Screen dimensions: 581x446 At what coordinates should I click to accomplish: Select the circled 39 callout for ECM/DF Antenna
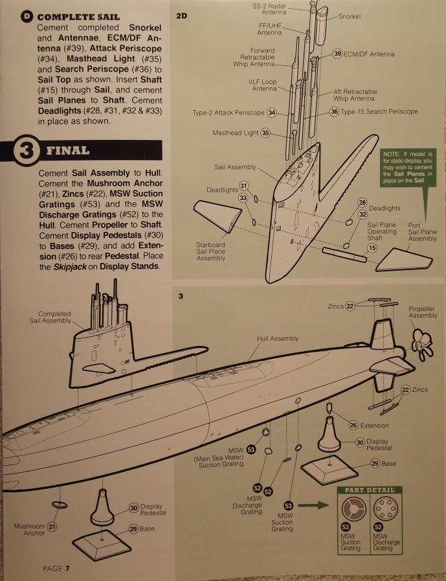(x=337, y=54)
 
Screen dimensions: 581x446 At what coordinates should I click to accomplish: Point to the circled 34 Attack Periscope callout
(x=271, y=113)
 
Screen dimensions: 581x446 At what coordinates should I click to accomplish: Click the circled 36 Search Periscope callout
(x=334, y=112)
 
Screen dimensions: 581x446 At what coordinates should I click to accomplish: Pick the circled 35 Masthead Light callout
(x=265, y=133)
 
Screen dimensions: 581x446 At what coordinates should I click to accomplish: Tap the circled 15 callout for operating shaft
(x=372, y=247)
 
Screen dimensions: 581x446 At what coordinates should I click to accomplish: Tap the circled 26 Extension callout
(x=353, y=425)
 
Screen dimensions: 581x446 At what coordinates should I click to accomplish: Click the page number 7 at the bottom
(x=67, y=568)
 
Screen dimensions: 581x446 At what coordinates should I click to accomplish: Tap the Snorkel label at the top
(x=350, y=16)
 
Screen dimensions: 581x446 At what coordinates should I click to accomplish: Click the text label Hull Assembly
(x=278, y=338)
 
